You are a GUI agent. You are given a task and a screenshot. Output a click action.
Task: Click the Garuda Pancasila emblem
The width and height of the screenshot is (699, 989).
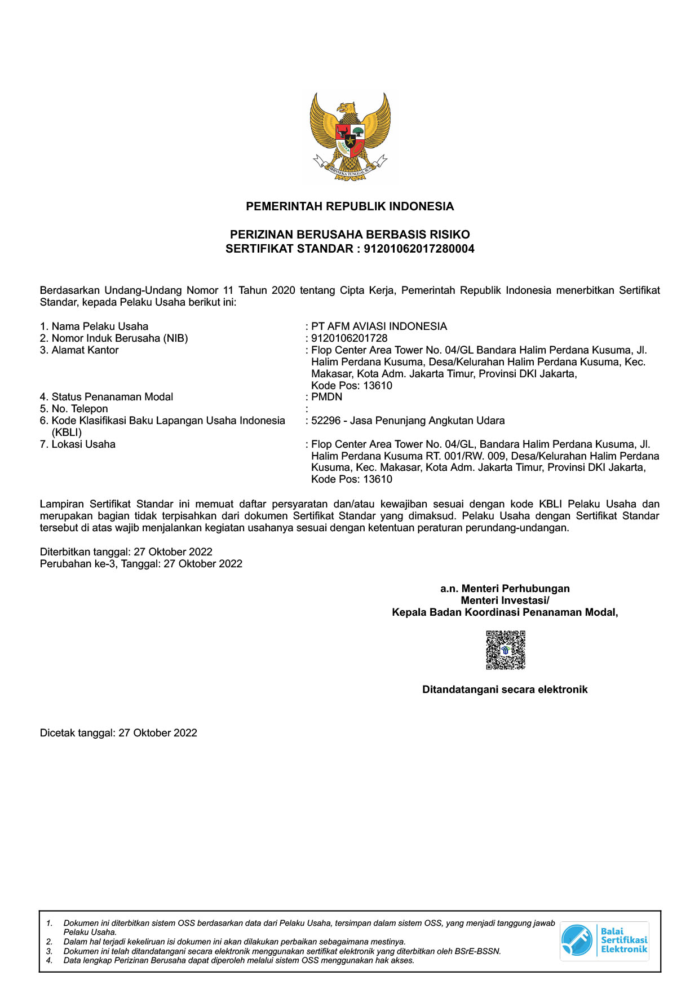pyautogui.click(x=349, y=136)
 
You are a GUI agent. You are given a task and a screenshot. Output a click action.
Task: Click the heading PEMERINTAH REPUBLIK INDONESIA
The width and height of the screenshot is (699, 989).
pyautogui.click(x=349, y=206)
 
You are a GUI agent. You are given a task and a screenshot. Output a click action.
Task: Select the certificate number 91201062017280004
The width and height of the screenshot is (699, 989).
pyautogui.click(x=419, y=249)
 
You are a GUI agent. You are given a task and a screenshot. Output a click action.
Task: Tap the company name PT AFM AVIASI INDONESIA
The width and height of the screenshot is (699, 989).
pyautogui.click(x=379, y=326)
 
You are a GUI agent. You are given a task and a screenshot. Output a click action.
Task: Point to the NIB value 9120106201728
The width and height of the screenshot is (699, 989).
pyautogui.click(x=349, y=338)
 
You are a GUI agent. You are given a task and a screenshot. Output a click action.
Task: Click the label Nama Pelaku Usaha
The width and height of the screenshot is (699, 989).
pyautogui.click(x=100, y=326)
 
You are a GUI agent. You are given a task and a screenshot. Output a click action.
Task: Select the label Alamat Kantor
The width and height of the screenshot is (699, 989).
pyautogui.click(x=85, y=350)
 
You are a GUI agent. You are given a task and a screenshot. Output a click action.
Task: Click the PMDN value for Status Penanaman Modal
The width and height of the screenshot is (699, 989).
pyautogui.click(x=327, y=397)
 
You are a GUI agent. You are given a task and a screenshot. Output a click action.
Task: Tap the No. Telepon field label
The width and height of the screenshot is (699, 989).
pyautogui.click(x=79, y=409)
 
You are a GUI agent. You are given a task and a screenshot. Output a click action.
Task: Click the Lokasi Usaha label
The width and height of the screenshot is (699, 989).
pyautogui.click(x=83, y=444)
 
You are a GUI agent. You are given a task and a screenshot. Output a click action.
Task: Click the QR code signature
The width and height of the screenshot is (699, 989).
pyautogui.click(x=505, y=650)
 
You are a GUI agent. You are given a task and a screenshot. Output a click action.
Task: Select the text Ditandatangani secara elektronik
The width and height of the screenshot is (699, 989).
pyautogui.click(x=505, y=690)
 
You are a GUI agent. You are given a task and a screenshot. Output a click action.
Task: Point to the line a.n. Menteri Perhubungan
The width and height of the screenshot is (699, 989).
pyautogui.click(x=505, y=589)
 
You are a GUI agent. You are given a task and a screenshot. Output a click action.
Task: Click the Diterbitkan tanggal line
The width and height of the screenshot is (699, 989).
pyautogui.click(x=126, y=552)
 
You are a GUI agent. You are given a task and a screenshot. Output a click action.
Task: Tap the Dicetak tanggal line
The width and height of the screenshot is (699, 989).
pyautogui.click(x=118, y=733)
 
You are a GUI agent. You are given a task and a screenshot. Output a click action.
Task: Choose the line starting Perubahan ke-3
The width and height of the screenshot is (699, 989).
pyautogui.click(x=141, y=564)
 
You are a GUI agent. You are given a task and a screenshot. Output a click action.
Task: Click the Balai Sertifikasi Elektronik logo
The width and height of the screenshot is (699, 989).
pyautogui.click(x=604, y=941)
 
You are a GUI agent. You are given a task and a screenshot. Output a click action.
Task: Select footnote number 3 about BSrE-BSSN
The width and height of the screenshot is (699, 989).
pyautogui.click(x=282, y=951)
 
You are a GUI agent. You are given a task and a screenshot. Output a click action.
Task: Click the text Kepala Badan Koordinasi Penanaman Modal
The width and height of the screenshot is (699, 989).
pyautogui.click(x=505, y=612)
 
